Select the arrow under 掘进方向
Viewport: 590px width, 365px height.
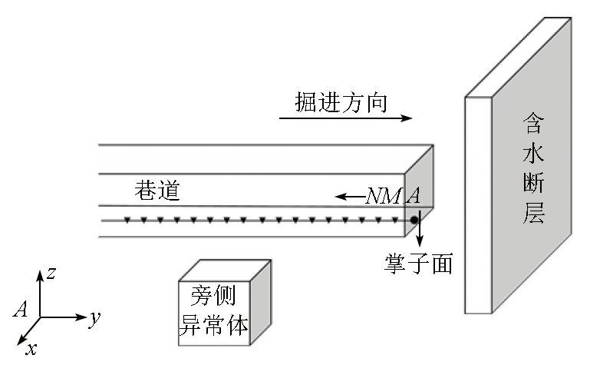pos(345,118)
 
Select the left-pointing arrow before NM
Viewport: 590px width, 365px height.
pos(350,197)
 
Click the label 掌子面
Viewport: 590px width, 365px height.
pos(418,264)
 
